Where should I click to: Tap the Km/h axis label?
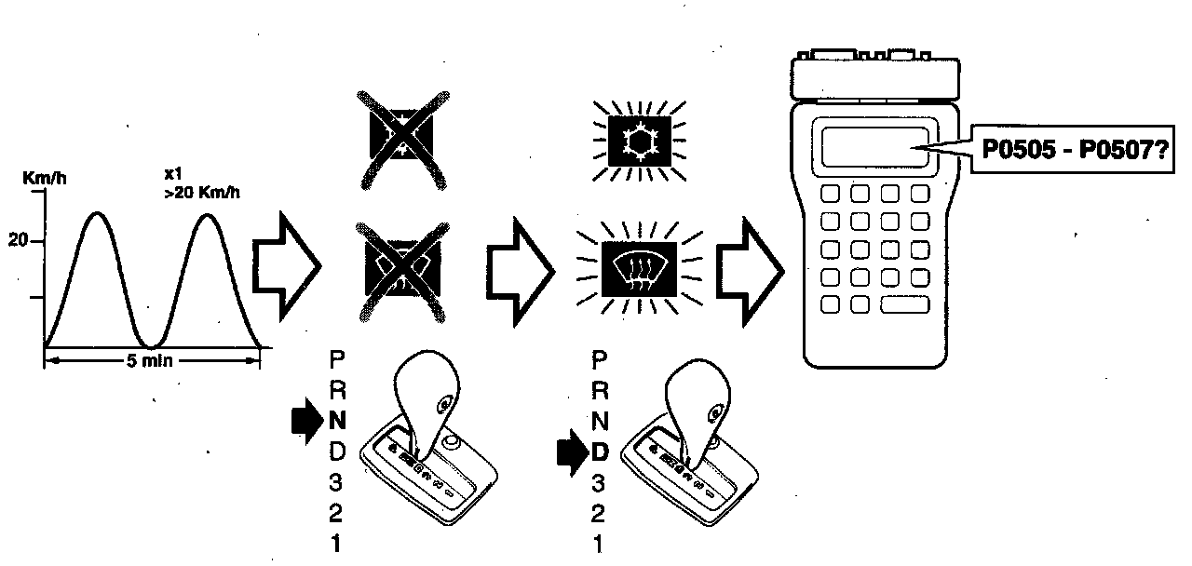click(41, 176)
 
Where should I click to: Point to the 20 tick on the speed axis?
click(19, 240)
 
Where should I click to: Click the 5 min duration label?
click(151, 359)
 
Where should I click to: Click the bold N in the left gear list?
click(337, 419)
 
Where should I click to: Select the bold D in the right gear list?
click(601, 452)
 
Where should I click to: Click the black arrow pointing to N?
click(305, 420)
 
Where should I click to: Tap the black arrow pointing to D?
click(568, 453)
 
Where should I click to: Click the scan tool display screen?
click(874, 146)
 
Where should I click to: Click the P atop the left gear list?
click(337, 357)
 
